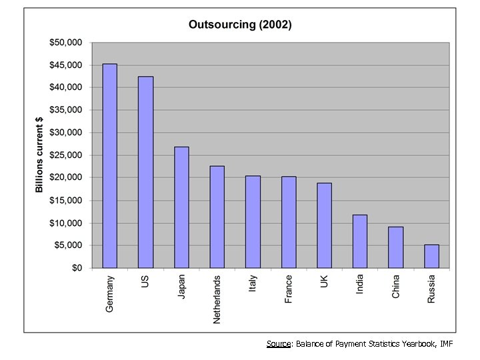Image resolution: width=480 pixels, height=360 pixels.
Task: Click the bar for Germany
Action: (x=110, y=166)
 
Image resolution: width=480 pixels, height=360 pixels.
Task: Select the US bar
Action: (x=145, y=172)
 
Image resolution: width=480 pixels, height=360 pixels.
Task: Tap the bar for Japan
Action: (x=181, y=207)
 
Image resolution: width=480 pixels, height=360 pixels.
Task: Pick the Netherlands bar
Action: (x=217, y=217)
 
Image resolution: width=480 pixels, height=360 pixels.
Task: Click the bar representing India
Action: (x=360, y=241)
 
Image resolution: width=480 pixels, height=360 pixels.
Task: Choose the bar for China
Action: (x=396, y=247)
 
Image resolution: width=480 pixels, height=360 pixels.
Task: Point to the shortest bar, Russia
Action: (x=431, y=256)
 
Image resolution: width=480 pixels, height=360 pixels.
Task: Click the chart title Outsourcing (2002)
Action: (x=240, y=25)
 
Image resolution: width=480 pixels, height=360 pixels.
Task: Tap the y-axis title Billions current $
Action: (x=39, y=155)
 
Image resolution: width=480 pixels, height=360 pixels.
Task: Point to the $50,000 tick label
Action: (x=66, y=43)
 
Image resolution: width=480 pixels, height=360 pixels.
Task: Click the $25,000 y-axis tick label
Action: (x=66, y=155)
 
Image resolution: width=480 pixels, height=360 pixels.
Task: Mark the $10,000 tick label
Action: (x=66, y=223)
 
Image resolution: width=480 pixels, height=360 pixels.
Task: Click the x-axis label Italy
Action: (x=253, y=284)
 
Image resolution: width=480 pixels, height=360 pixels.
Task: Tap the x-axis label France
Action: (x=289, y=289)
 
